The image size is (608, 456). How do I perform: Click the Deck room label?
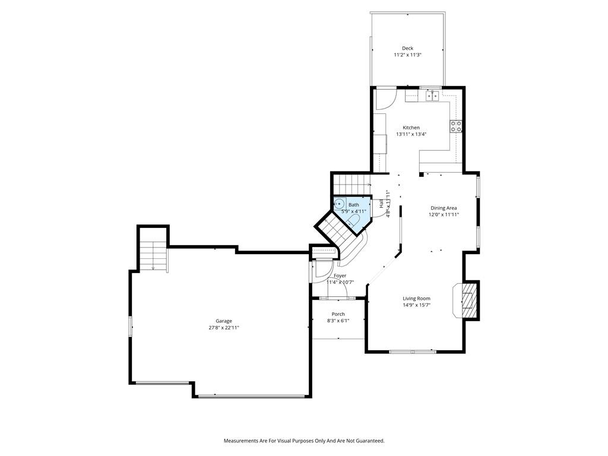click(x=407, y=48)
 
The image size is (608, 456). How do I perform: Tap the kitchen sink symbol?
click(x=432, y=95)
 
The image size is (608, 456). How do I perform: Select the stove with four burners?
click(x=456, y=126)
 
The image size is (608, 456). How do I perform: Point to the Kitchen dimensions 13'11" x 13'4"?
click(x=411, y=135)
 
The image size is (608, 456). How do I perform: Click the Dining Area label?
click(x=444, y=208)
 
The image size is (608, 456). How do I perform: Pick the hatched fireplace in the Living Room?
click(x=470, y=300)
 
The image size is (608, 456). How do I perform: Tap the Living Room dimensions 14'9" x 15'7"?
click(x=416, y=305)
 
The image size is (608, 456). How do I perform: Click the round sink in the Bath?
click(x=340, y=204)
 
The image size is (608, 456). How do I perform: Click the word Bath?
click(x=354, y=205)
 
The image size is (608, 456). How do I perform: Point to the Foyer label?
click(x=340, y=275)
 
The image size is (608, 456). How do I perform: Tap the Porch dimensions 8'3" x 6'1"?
click(x=338, y=321)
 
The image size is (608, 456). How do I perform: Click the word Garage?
click(x=224, y=321)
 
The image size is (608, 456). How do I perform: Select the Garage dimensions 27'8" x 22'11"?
click(x=224, y=328)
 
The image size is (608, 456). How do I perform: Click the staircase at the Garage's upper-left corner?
click(x=154, y=255)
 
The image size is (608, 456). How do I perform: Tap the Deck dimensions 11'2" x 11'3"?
click(x=407, y=55)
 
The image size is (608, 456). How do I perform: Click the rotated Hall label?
click(x=382, y=203)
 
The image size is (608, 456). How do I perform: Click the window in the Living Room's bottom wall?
click(x=413, y=351)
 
